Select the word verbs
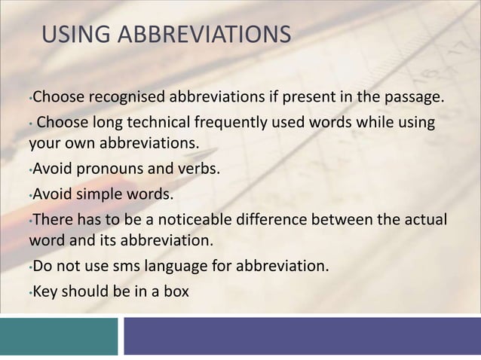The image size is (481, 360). tap(200, 169)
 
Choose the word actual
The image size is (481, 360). tap(427, 220)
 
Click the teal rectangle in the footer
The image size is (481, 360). tap(59, 336)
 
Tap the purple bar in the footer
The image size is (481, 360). tap(302, 336)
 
